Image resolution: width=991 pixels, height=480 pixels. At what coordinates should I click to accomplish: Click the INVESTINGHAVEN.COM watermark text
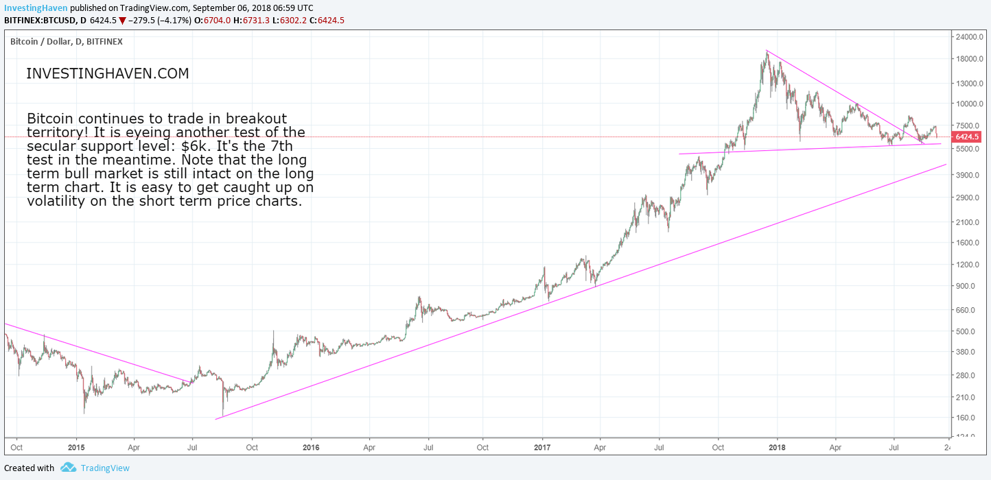(107, 74)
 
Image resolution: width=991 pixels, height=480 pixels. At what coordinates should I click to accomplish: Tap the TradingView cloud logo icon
(67, 468)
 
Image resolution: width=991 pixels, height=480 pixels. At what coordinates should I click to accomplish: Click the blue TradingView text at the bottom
(104, 468)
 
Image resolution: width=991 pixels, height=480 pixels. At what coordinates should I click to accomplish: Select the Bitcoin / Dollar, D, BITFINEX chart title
(67, 42)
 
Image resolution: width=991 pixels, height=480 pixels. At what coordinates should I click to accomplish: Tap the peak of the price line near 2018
(767, 51)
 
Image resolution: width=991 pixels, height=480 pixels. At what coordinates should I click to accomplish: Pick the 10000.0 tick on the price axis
(969, 104)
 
